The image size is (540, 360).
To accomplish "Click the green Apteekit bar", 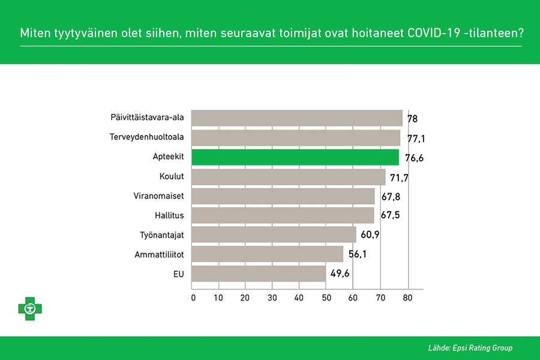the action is (295, 157).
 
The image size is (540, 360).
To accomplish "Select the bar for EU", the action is (259, 274).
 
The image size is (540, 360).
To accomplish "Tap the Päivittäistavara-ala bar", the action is (297, 118).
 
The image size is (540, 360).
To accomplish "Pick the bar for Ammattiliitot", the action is (267, 254).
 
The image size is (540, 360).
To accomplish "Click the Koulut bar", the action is (289, 177).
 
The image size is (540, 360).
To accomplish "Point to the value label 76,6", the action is (414, 158).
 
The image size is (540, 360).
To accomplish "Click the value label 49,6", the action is (340, 274).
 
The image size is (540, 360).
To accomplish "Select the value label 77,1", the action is (416, 139).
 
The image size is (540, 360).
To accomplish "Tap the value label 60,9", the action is (370, 235).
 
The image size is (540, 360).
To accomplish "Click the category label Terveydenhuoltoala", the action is (147, 137).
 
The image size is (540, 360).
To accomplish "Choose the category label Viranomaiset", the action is (159, 196).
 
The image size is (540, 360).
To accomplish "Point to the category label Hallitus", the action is (169, 215).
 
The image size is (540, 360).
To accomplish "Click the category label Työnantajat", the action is (162, 235).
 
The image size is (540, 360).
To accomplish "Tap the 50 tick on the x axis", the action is (326, 298).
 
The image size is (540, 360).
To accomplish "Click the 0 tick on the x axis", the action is (193, 298).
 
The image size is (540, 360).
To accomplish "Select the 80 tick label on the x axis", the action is (407, 298).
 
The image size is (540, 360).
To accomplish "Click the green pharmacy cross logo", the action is (30, 308).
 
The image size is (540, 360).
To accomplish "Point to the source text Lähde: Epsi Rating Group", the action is (470, 348).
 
